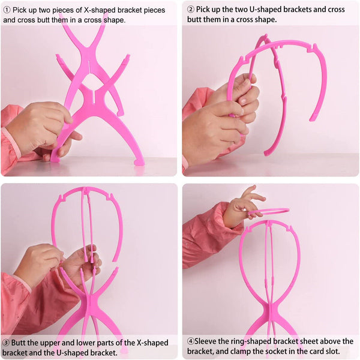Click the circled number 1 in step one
[7, 10]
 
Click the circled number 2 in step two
[191, 10]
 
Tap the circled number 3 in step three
[5, 343]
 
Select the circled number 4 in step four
[191, 341]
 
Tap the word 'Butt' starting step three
[19, 343]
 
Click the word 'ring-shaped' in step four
[245, 341]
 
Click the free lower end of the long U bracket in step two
[268, 153]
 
